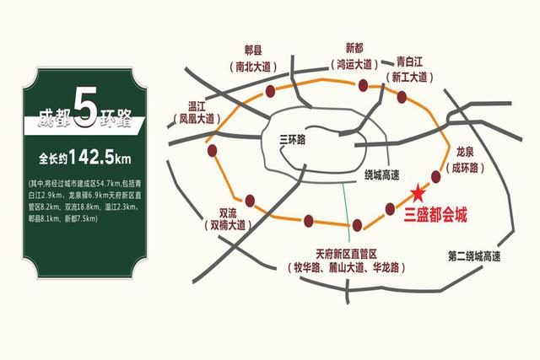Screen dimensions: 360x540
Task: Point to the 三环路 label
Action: tap(295, 141)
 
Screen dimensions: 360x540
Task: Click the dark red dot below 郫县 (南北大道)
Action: tap(270, 89)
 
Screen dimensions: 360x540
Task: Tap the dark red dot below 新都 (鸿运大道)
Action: tap(363, 84)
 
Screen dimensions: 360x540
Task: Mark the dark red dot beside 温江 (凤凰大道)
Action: tap(212, 152)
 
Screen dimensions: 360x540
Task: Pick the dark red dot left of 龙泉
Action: tap(436, 176)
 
